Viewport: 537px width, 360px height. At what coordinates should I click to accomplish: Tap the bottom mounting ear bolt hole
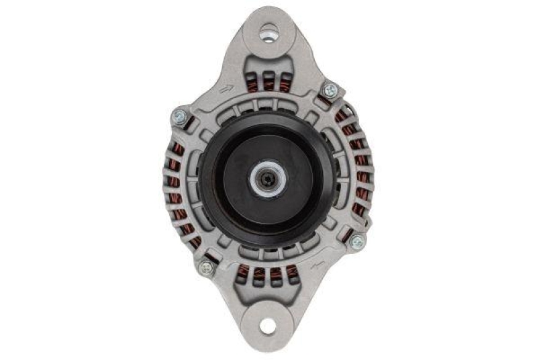tap(268, 327)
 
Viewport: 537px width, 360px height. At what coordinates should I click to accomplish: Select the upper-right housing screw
tap(329, 89)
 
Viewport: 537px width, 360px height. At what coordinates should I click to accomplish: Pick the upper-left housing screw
tap(179, 116)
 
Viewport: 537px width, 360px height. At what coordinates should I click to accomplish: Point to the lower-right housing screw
tap(356, 241)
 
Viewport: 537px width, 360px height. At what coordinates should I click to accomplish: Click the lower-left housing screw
tap(206, 267)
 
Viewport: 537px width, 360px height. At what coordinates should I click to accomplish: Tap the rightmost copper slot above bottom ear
tap(292, 273)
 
